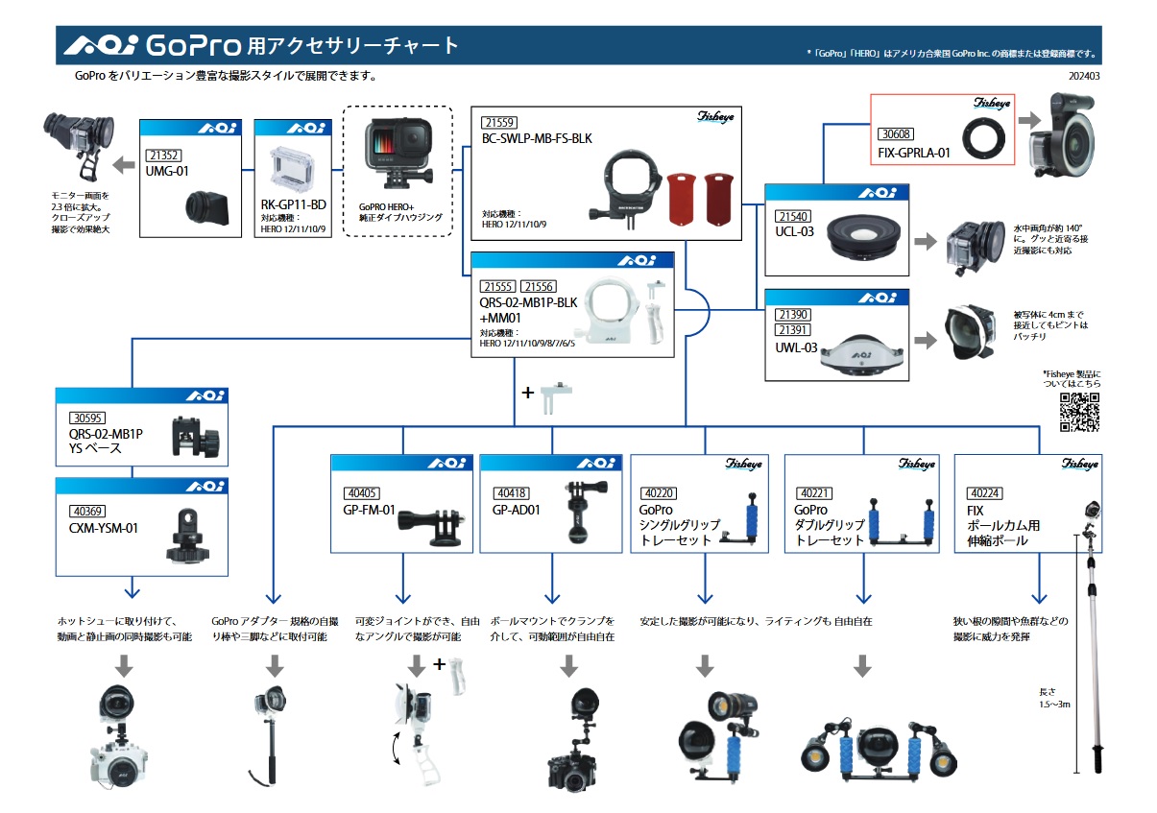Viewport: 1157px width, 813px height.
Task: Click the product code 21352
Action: coord(164,155)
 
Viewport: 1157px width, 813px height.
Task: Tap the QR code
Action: coord(1079,413)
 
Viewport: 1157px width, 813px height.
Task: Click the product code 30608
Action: coord(897,134)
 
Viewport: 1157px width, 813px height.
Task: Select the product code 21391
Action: coord(794,329)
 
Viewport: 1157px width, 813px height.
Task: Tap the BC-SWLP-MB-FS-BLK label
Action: coord(538,138)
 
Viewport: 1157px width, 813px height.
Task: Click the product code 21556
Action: coord(538,286)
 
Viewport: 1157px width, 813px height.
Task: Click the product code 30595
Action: coord(88,418)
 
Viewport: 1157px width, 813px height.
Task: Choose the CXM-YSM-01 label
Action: coord(104,527)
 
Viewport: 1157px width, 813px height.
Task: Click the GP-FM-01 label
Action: coord(370,510)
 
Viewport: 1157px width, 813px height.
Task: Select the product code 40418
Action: coord(510,493)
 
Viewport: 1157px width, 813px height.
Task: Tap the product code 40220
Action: coord(658,493)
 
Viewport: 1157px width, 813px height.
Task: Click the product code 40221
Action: coord(812,493)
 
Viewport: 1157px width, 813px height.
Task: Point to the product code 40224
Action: coord(984,493)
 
